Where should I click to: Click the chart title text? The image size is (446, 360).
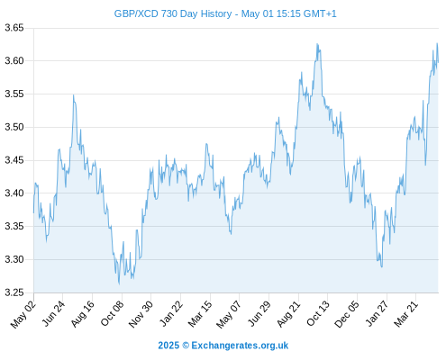(x=225, y=13)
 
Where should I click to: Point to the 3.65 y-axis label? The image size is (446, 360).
(x=14, y=28)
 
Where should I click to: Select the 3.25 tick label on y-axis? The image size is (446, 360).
(x=14, y=292)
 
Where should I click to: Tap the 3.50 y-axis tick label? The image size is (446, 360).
(x=14, y=127)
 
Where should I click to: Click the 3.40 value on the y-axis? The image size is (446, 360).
(x=14, y=193)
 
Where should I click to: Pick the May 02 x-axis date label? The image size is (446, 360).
(x=23, y=314)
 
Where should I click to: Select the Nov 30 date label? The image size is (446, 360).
(x=141, y=314)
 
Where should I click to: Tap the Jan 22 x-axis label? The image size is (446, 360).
(x=171, y=313)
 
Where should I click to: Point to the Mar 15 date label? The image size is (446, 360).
(x=200, y=314)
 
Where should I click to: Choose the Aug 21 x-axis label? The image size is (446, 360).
(x=288, y=314)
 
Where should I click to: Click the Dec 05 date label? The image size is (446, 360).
(x=347, y=314)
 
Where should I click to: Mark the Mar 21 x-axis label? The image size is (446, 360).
(x=406, y=314)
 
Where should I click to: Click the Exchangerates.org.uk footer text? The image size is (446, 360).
(x=240, y=346)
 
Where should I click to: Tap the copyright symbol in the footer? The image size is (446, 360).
(x=186, y=346)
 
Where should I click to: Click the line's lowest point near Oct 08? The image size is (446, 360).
(x=119, y=284)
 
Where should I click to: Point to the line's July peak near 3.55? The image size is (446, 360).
(x=73, y=95)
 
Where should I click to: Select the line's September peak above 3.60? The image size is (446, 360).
(x=317, y=44)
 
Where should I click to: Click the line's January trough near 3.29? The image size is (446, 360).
(x=382, y=267)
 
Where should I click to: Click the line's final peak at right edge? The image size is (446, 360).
(x=437, y=43)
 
